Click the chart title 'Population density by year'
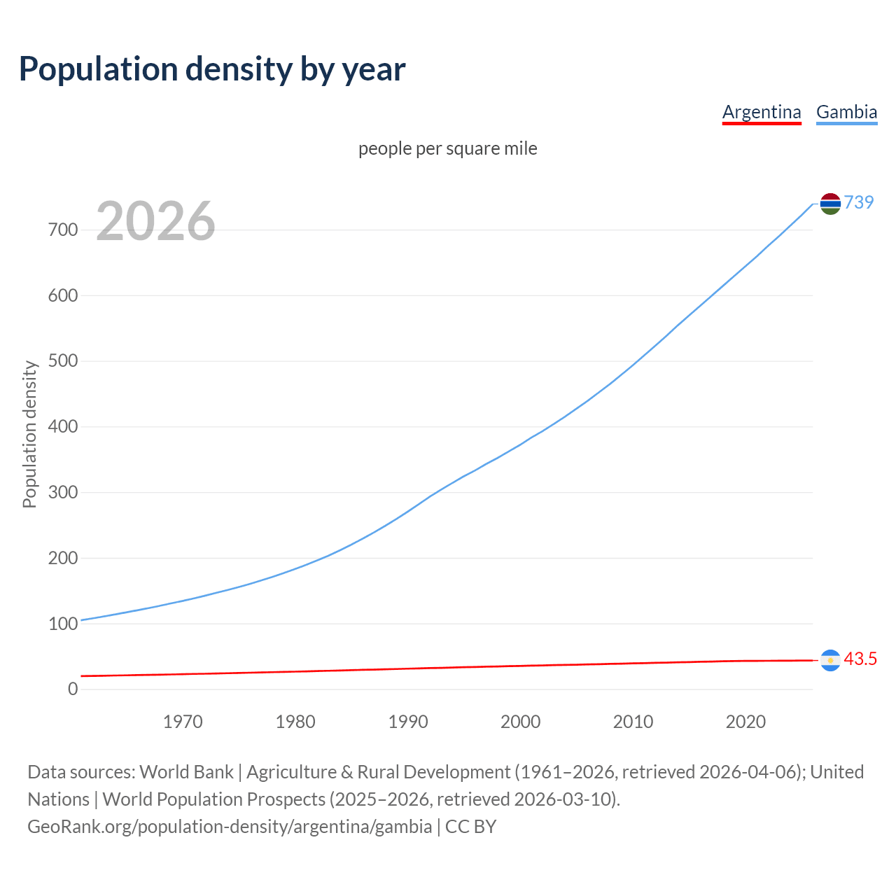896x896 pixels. [212, 69]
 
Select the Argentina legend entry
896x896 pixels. [762, 112]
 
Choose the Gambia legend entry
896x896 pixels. [846, 112]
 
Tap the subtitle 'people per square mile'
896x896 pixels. [448, 148]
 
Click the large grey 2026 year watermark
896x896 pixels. [155, 221]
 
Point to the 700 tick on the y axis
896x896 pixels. [63, 230]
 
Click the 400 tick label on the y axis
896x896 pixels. [63, 426]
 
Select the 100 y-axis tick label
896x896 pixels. [63, 624]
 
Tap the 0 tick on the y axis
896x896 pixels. [73, 689]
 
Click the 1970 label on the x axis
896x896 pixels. [183, 722]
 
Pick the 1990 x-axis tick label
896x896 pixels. [408, 722]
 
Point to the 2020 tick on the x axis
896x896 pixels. [745, 722]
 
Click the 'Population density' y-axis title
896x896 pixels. [29, 434]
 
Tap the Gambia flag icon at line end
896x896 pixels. [830, 204]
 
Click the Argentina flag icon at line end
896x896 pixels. [830, 660]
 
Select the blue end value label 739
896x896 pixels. [859, 202]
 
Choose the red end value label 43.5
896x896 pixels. [860, 659]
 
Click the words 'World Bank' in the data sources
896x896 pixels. [186, 772]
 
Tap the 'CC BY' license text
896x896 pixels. [470, 827]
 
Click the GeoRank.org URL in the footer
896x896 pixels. [230, 827]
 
